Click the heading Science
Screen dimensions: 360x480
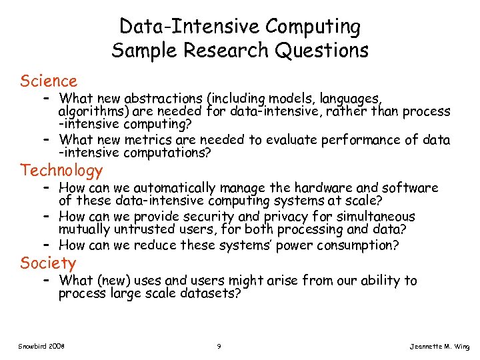(49, 81)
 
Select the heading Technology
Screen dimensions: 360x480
(61, 171)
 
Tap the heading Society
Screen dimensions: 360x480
(48, 263)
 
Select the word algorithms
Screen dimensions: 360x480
(89, 111)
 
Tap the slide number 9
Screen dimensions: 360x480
(219, 346)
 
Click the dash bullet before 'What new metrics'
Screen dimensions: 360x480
(45, 140)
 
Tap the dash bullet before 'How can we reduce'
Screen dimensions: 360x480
(45, 245)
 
